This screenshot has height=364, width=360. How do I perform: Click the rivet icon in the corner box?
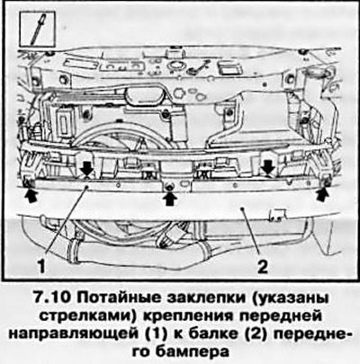(x=38, y=29)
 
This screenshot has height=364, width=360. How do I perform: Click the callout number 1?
(x=41, y=266)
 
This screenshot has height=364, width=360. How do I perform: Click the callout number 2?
(x=262, y=266)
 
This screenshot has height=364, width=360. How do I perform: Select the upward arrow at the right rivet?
(x=322, y=196)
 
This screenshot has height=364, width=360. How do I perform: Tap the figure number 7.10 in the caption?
(x=52, y=298)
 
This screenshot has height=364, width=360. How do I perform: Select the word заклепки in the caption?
(x=205, y=299)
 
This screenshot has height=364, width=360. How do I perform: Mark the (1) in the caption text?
(x=153, y=334)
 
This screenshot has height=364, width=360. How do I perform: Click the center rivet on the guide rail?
(x=169, y=187)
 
